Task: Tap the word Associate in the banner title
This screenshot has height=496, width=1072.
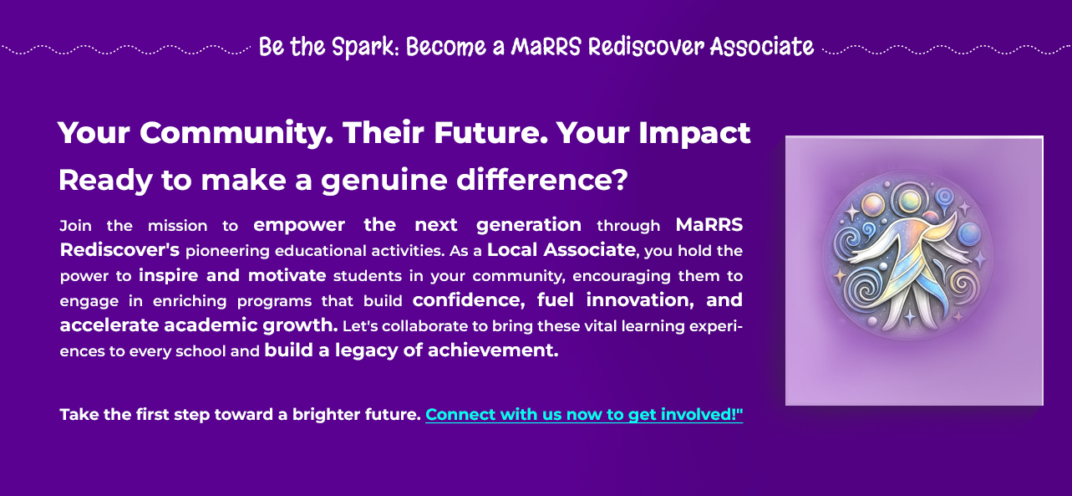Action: tap(762, 47)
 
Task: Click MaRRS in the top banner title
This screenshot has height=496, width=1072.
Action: tap(546, 47)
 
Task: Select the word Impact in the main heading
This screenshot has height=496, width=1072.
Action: tap(694, 134)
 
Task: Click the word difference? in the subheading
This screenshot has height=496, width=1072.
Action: tap(541, 180)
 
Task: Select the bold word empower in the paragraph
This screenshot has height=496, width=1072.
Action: tap(299, 225)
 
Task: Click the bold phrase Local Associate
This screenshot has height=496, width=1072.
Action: tap(561, 250)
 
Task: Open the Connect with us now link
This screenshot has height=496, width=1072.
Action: tap(584, 415)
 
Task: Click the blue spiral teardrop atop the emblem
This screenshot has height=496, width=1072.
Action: tap(944, 198)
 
